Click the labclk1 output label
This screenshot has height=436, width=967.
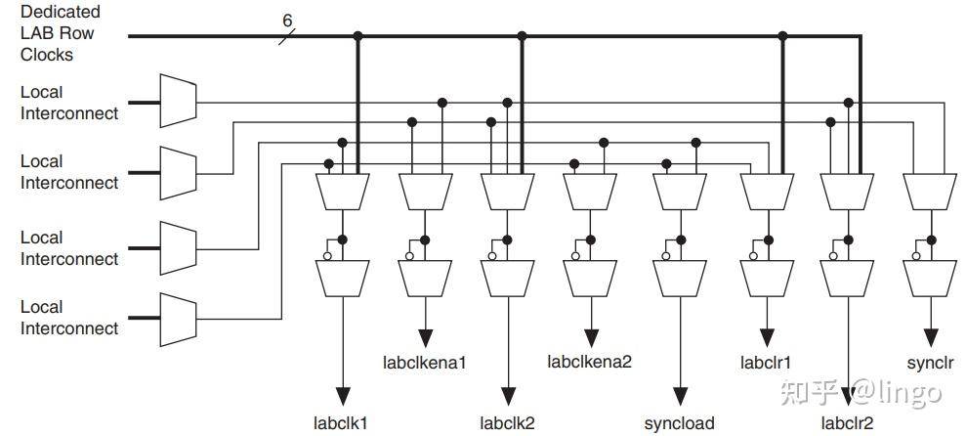(341, 423)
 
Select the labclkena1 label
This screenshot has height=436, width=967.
(424, 363)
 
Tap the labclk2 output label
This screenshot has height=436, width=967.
(507, 423)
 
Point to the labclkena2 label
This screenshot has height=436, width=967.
(590, 362)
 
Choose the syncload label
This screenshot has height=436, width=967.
(679, 423)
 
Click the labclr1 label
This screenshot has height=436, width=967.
(765, 362)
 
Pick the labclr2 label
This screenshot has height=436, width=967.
(847, 423)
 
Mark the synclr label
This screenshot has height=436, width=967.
(930, 362)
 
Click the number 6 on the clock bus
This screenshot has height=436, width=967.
(287, 20)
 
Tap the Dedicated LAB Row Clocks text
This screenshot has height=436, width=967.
(61, 33)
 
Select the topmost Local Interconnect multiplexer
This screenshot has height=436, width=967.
(178, 101)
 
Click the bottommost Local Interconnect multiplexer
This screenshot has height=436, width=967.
(178, 318)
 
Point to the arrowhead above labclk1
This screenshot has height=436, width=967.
(342, 396)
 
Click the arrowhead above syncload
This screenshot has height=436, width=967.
(680, 396)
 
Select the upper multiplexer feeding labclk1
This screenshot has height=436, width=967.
(342, 190)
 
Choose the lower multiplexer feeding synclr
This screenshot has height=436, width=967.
(931, 278)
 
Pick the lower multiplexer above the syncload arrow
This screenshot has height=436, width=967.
(680, 278)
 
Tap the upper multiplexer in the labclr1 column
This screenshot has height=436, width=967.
(765, 190)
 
